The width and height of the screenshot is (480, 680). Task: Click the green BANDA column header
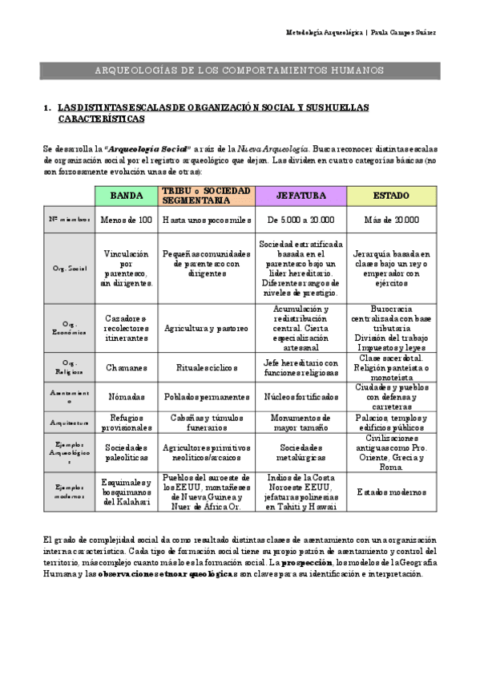[127, 195]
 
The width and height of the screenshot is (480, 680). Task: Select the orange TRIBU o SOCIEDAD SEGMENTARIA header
[206, 195]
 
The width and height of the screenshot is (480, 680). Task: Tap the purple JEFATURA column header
[301, 195]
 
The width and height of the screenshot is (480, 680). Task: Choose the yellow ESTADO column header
[392, 195]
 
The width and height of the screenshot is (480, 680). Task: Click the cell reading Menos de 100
[127, 220]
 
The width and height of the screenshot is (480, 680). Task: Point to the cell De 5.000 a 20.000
[301, 220]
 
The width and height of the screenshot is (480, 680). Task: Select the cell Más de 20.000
[392, 220]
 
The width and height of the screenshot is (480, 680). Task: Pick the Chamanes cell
[127, 367]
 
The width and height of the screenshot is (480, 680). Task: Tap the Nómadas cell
[127, 396]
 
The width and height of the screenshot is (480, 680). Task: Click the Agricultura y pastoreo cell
[206, 328]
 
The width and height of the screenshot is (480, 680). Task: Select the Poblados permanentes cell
[206, 396]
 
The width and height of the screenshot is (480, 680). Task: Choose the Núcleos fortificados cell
[301, 396]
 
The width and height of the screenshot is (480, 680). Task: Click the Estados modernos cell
[392, 492]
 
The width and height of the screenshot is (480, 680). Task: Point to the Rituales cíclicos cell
[206, 367]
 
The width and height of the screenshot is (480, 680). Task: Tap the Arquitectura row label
[67, 422]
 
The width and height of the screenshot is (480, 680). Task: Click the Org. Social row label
[67, 268]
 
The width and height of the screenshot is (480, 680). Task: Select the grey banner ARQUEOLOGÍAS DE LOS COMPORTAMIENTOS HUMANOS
[240, 71]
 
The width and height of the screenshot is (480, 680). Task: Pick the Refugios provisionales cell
[127, 422]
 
